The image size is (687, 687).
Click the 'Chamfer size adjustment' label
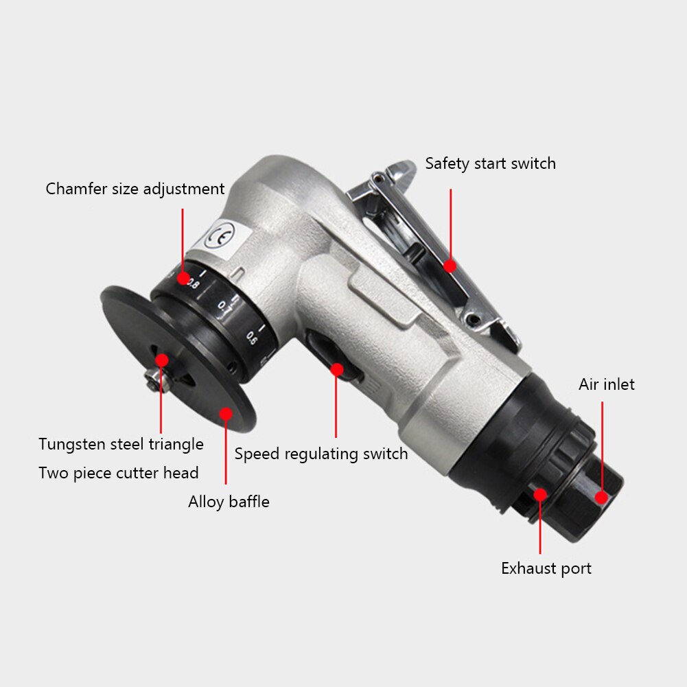click(x=135, y=189)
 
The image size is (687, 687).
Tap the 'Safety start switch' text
click(x=490, y=164)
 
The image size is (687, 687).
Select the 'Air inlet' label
click(x=606, y=384)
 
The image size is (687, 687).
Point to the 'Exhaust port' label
click(x=546, y=568)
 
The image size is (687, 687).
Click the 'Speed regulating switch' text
click(x=321, y=454)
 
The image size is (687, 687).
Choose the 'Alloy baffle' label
click(x=229, y=502)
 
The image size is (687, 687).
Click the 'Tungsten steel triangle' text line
click(x=121, y=444)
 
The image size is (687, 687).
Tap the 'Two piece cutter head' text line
click(x=119, y=473)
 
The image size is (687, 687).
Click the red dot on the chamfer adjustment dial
click(x=183, y=279)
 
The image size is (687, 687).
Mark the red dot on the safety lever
click(x=450, y=265)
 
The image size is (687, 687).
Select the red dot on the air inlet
click(x=602, y=498)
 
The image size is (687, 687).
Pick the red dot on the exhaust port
click(x=540, y=493)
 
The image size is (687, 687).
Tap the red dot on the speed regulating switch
click(x=336, y=369)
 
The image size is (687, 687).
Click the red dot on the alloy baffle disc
click(x=226, y=412)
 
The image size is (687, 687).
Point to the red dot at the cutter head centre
click(x=161, y=360)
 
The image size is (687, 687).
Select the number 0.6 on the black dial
click(x=251, y=337)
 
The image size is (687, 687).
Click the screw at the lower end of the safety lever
click(x=474, y=319)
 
